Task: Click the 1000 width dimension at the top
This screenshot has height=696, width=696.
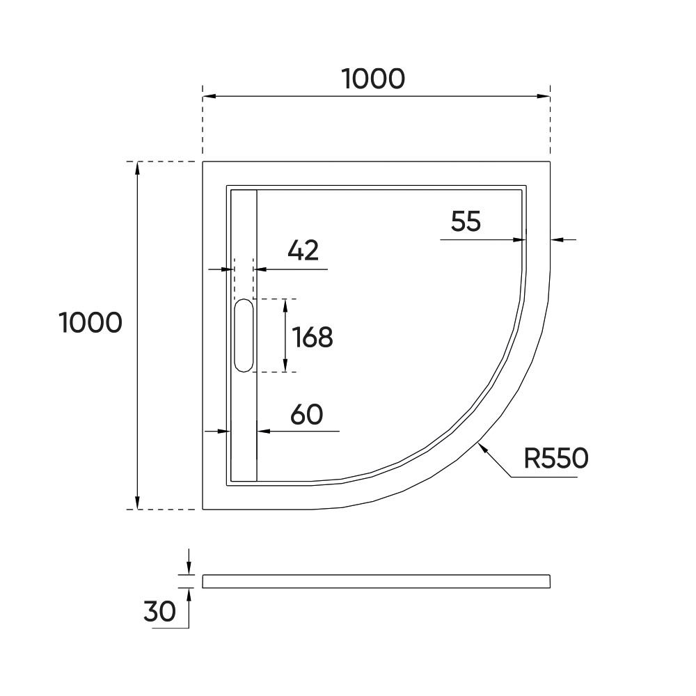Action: point(374,79)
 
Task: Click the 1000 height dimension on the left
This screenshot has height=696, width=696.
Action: point(91,323)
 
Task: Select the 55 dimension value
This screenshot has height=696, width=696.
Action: point(466,222)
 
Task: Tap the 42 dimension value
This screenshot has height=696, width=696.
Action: point(303,251)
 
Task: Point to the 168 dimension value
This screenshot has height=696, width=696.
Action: point(313,338)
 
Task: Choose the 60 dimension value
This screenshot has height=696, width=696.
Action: point(306,415)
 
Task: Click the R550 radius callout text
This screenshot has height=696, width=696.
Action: point(556,458)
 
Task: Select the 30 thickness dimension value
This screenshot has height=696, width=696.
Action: point(159,612)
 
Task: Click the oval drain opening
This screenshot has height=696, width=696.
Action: point(244,335)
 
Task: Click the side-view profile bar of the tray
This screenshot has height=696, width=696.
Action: point(376,581)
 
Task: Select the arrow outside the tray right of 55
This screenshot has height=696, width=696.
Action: point(557,239)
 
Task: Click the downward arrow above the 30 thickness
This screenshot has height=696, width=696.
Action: point(188,569)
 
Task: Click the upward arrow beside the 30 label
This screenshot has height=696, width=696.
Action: point(188,594)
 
